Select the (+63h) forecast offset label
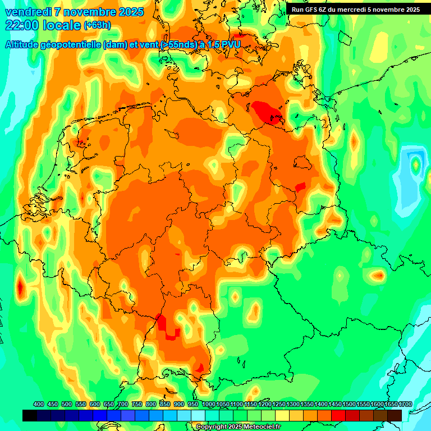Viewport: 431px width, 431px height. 97,25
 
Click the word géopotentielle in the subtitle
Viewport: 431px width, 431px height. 72,45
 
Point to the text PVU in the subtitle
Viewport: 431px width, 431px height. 229,45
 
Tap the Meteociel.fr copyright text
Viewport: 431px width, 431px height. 238,427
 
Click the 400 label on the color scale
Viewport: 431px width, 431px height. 39,404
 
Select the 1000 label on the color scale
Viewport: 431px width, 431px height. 209,404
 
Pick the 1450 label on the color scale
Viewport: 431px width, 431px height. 335,404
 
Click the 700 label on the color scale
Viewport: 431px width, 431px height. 123,404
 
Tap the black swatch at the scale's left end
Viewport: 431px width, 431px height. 30,415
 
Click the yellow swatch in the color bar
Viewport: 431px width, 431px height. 282,415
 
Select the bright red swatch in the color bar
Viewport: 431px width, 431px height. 338,415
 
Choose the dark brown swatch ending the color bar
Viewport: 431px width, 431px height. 395,415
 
